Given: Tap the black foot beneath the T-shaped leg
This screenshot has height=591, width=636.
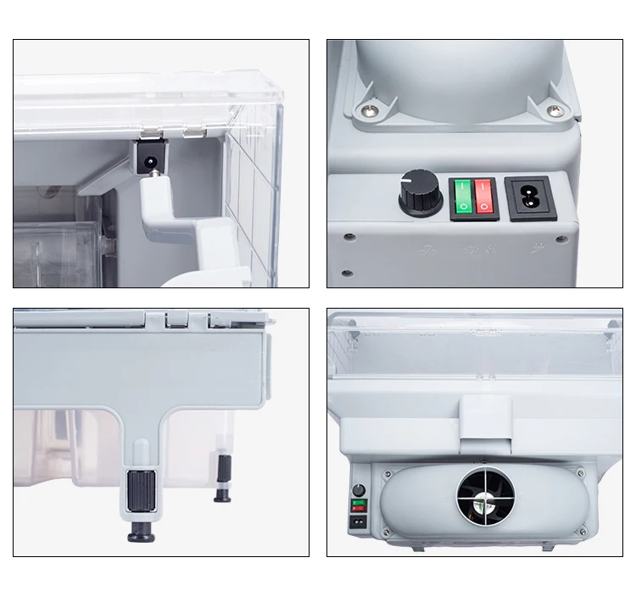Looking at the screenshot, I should point(139,533).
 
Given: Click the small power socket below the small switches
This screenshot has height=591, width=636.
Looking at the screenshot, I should point(360,522).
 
